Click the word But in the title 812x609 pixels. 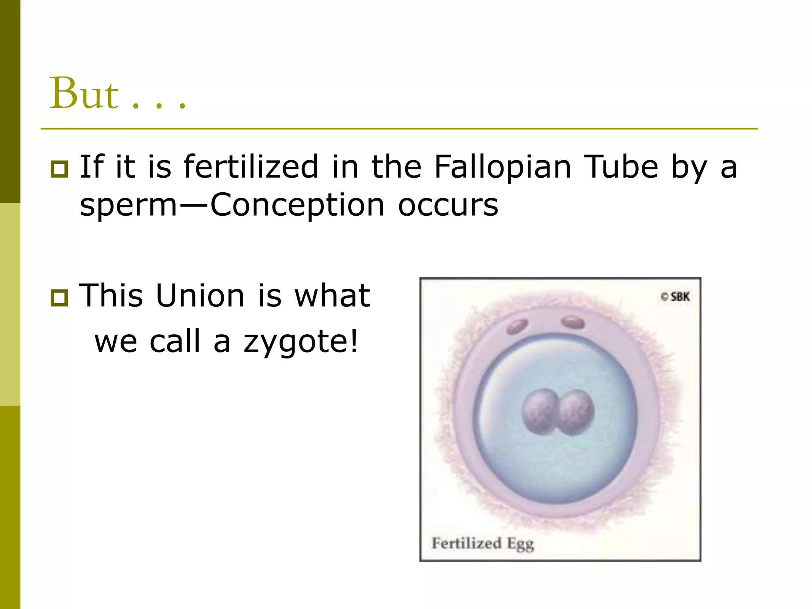(84, 94)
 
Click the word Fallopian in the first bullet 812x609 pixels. (502, 167)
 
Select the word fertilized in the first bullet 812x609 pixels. (251, 167)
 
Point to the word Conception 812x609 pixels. (297, 206)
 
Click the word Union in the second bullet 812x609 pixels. (200, 296)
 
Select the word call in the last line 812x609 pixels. (174, 341)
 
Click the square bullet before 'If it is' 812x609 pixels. (59, 169)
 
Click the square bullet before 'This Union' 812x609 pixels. (59, 298)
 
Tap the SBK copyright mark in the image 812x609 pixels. (675, 297)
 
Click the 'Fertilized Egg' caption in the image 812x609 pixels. (483, 544)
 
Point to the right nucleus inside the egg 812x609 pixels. (575, 412)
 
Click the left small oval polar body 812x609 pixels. (517, 326)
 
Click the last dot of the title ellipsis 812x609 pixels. (182, 106)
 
